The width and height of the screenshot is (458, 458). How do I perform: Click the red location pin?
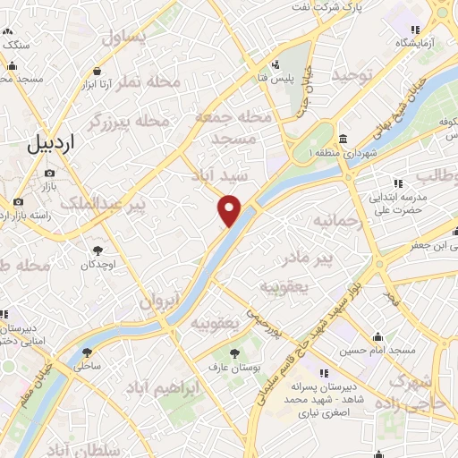(x=231, y=211)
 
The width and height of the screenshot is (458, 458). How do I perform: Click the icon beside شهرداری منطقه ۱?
(x=344, y=140)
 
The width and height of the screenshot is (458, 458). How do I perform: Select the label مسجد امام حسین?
(x=383, y=351)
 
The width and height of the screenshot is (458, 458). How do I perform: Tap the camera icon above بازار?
(x=49, y=173)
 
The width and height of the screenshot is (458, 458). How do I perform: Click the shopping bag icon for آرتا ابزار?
(x=96, y=72)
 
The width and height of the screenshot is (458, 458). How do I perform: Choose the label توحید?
(x=350, y=76)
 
